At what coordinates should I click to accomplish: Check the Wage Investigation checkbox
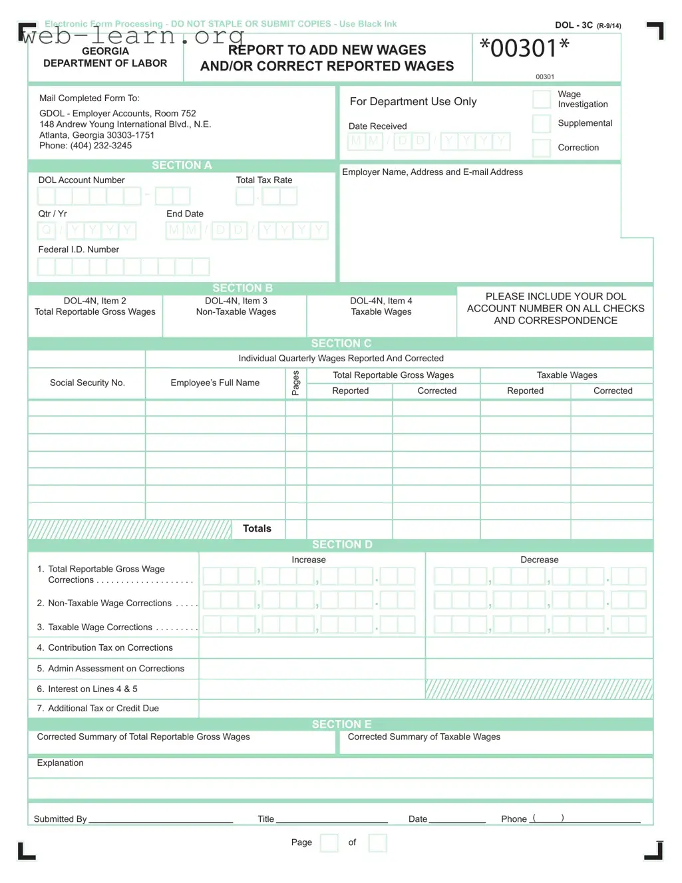coord(542,100)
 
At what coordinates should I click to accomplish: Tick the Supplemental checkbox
coord(542,124)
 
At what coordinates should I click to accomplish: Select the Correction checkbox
coord(542,148)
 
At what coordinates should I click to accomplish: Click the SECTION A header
coord(182,166)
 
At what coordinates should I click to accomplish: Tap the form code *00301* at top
coord(524,49)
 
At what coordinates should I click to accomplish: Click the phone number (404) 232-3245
coord(101,146)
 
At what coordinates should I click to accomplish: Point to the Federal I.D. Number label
coord(79,250)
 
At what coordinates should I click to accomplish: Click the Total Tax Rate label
coord(264,180)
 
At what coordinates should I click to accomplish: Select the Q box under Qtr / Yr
coord(46,231)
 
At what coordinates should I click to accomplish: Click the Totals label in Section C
coord(257,528)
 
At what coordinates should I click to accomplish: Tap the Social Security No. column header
coord(87,383)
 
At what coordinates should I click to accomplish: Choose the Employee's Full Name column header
coord(215,383)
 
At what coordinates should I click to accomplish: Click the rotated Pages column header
coord(296,383)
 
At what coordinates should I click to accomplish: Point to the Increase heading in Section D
coord(309,560)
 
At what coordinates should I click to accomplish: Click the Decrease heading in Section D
coord(539,560)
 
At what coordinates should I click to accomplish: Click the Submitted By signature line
coord(160,818)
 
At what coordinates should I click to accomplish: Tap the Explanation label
coord(61,763)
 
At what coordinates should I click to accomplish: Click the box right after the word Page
coord(329,843)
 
